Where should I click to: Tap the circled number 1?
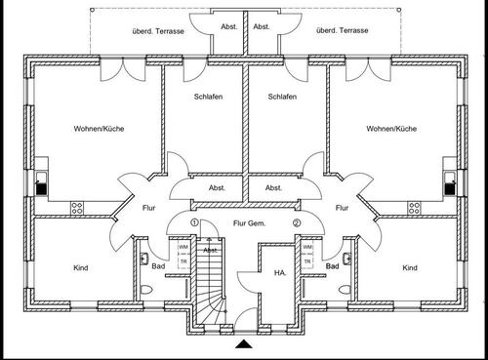click(194, 223)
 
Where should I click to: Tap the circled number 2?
click(297, 223)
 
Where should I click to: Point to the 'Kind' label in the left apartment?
click(82, 267)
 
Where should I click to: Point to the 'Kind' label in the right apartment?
click(410, 267)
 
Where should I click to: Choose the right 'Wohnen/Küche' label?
click(391, 128)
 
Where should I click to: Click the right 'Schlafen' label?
click(281, 98)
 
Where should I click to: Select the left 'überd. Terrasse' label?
click(155, 31)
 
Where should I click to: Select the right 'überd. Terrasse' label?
click(341, 31)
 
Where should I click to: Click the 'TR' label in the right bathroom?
click(308, 261)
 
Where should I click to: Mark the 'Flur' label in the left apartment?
click(149, 208)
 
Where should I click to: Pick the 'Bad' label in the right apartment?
click(333, 265)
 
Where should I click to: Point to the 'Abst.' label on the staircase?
click(210, 250)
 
